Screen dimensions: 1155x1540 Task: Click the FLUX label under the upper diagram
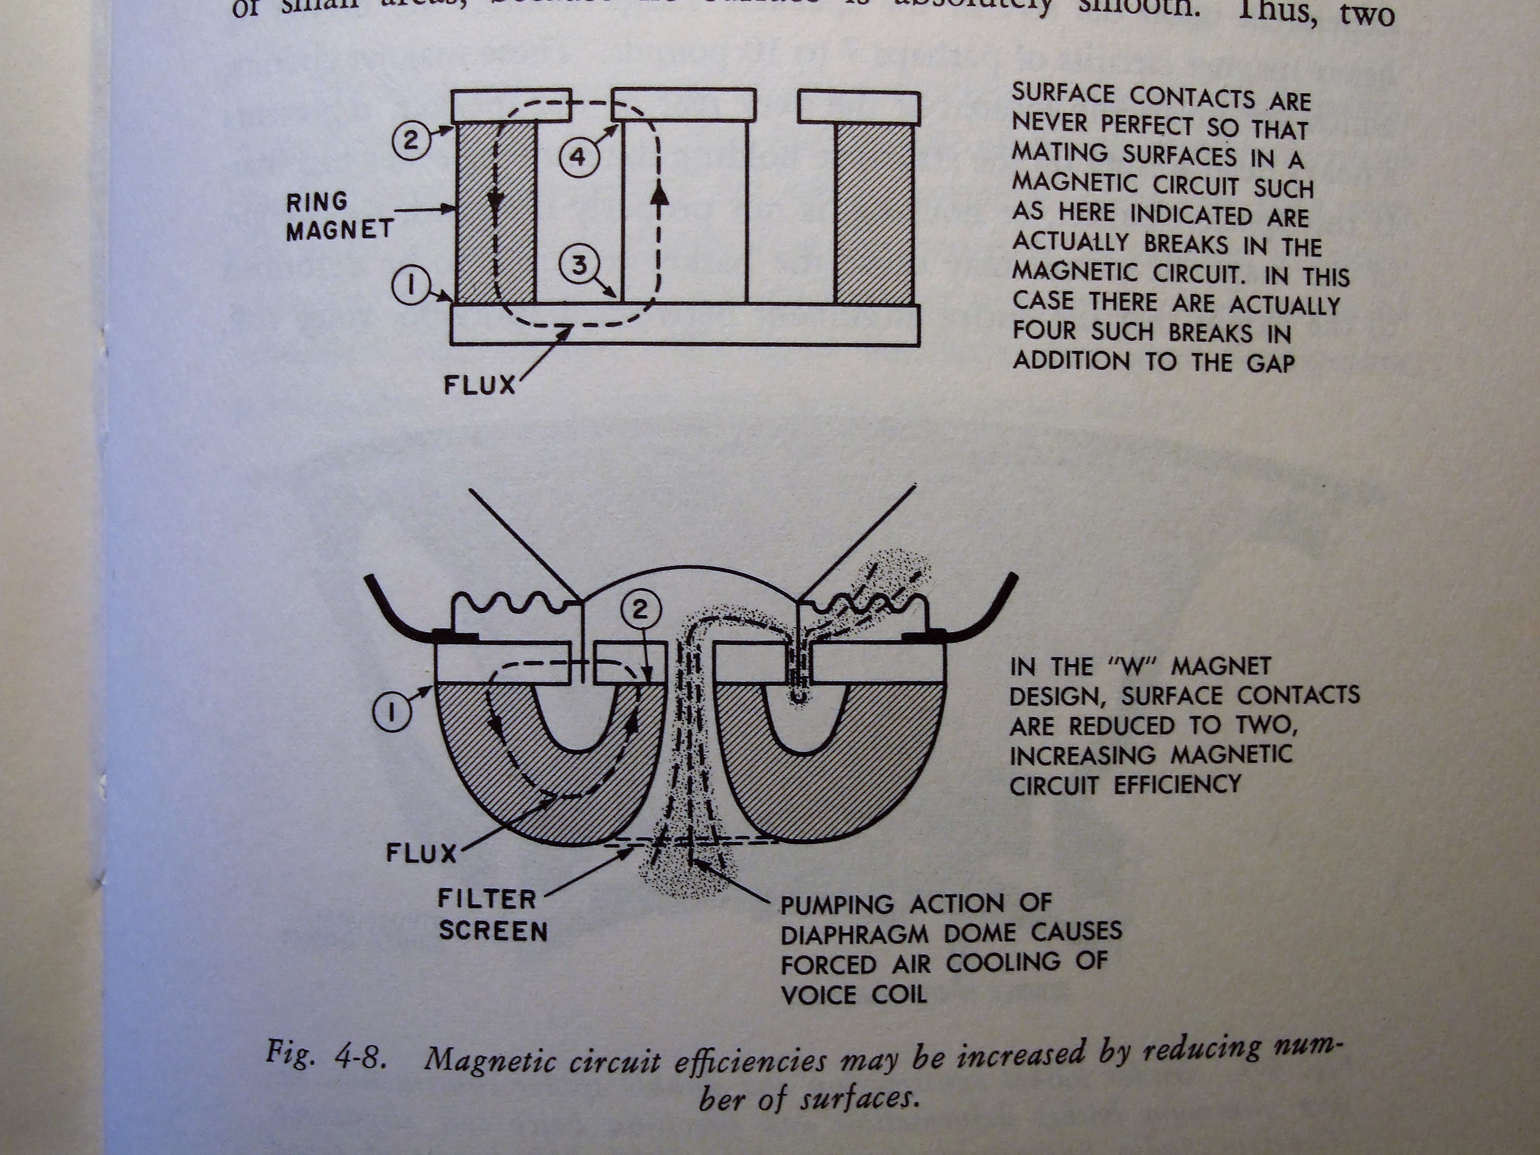coord(480,385)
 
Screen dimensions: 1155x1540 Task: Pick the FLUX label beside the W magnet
coord(421,854)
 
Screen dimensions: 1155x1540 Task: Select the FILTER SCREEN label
coord(492,915)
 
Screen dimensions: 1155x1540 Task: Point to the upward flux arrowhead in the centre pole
coord(659,198)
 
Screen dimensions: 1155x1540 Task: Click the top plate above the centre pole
coord(683,104)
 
